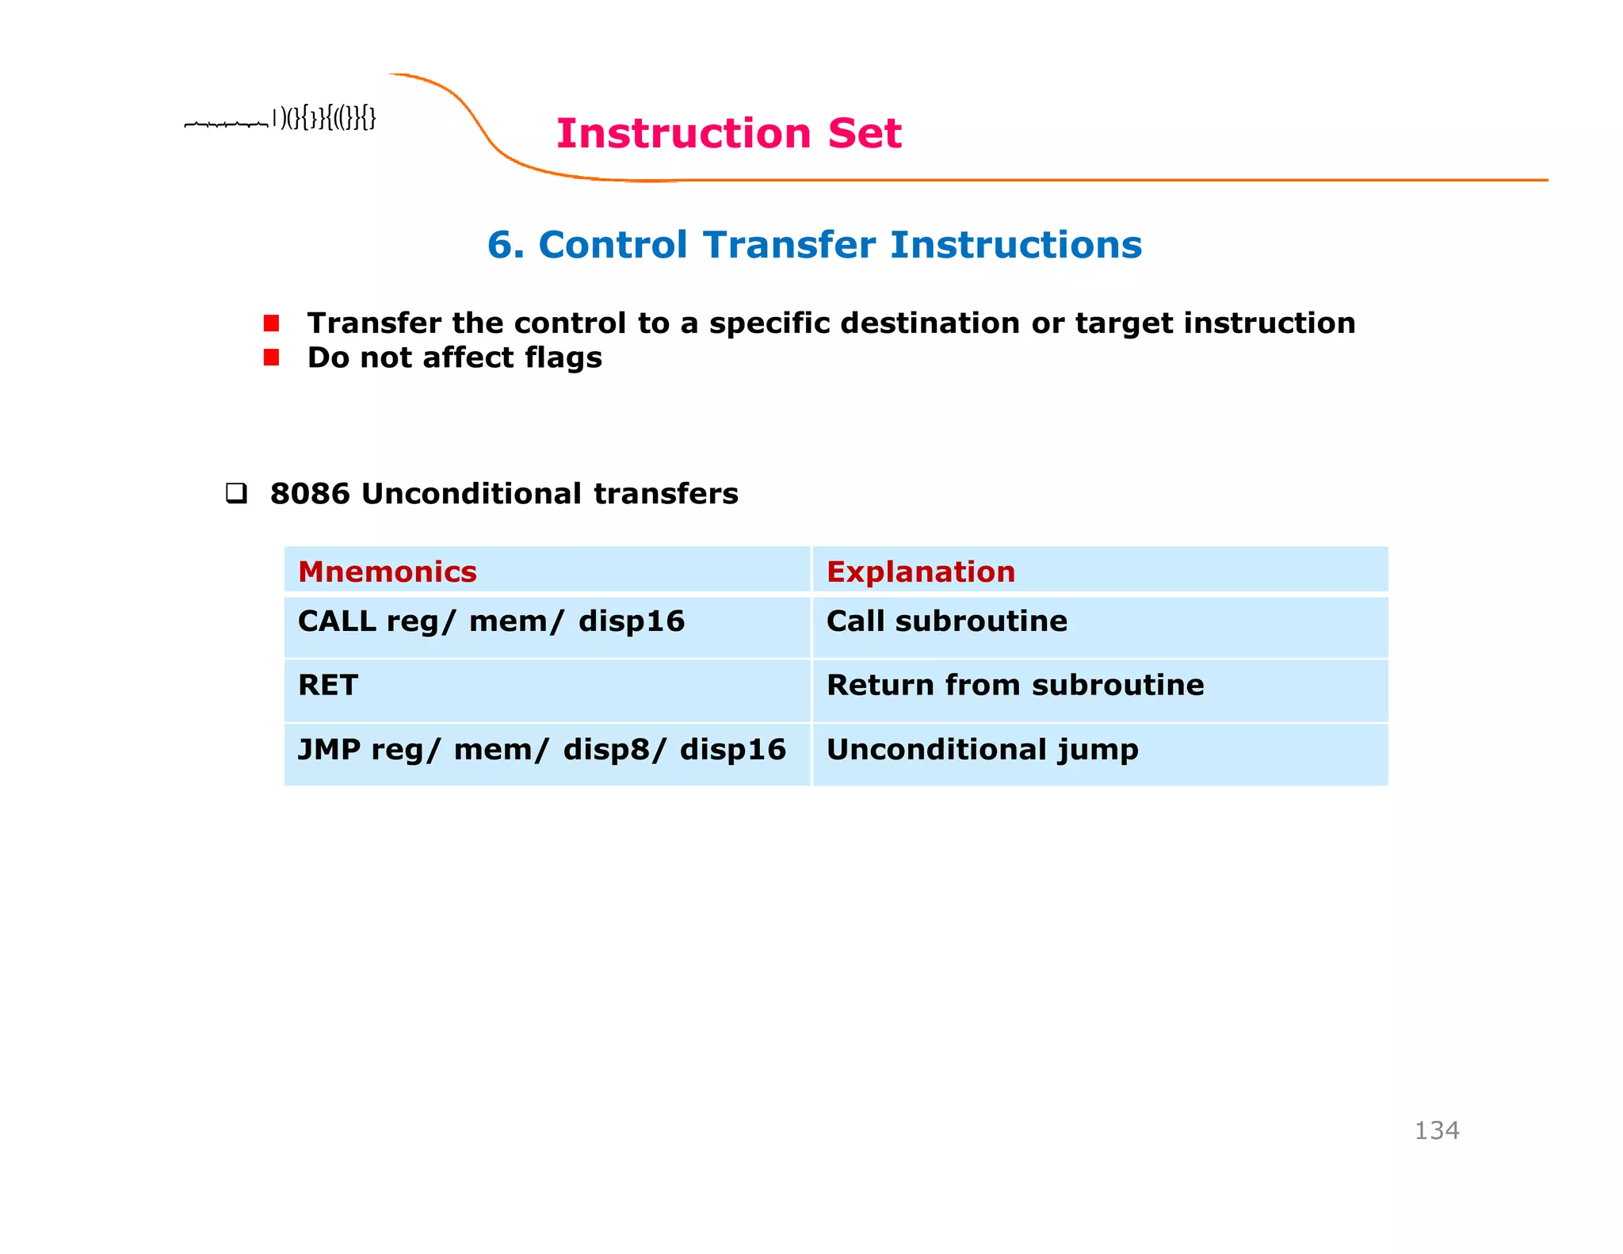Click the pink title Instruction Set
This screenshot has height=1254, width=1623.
(728, 133)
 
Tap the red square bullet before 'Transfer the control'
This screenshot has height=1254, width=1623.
(272, 323)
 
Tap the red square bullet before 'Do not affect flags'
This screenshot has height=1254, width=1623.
(272, 358)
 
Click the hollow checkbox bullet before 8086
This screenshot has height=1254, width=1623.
(236, 494)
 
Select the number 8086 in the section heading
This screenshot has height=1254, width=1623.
(309, 494)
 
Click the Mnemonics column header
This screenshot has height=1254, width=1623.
(387, 572)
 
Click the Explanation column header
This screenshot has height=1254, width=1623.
(920, 572)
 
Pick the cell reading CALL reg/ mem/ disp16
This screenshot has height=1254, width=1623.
(491, 621)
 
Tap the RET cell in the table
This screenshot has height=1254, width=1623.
(327, 686)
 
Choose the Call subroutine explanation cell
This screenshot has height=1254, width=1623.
(946, 621)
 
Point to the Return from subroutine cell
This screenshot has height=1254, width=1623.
(1014, 686)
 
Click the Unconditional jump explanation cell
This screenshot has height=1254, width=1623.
(982, 750)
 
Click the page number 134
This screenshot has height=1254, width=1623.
(1436, 1130)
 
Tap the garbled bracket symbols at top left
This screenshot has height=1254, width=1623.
(324, 119)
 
